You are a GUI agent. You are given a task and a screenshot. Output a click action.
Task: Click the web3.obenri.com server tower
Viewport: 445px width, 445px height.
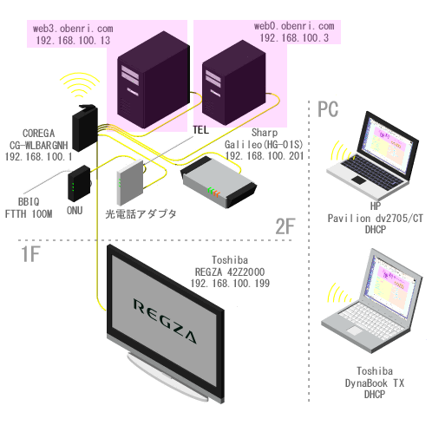point(154,80)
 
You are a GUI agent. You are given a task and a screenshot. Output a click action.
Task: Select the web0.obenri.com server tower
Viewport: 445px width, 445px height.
point(233,83)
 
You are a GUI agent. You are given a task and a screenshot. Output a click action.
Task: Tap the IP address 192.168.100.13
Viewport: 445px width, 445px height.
point(73,41)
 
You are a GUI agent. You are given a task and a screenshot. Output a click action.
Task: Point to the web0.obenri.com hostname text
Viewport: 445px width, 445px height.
point(294,26)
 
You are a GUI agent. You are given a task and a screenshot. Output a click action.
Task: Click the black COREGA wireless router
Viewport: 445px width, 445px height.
point(85,128)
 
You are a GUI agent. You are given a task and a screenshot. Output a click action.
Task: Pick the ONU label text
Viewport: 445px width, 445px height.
point(75,211)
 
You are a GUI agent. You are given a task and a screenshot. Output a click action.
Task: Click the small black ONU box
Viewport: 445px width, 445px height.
point(79,184)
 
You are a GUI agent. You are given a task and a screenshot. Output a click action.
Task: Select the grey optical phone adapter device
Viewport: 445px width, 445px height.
point(130,182)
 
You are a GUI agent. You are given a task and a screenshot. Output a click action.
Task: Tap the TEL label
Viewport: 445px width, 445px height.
point(200,130)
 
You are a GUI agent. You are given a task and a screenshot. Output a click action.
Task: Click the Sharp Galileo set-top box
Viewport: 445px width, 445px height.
point(219,182)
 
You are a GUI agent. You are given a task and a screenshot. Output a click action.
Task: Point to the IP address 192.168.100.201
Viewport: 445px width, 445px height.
point(265,156)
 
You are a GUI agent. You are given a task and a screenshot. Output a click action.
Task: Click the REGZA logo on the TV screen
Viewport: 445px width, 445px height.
point(165,321)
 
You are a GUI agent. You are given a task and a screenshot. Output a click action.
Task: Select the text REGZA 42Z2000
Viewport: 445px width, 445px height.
point(230,272)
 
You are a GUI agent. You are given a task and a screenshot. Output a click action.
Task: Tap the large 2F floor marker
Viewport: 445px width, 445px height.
point(285,226)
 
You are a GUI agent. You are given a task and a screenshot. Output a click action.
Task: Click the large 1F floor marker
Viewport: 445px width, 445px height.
point(30,254)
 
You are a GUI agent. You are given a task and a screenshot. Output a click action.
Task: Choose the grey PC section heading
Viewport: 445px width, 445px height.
point(328,109)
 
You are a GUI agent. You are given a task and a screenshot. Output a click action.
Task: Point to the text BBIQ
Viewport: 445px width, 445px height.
point(29,201)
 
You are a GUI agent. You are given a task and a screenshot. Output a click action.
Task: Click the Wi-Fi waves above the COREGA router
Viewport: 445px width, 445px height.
point(80,85)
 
